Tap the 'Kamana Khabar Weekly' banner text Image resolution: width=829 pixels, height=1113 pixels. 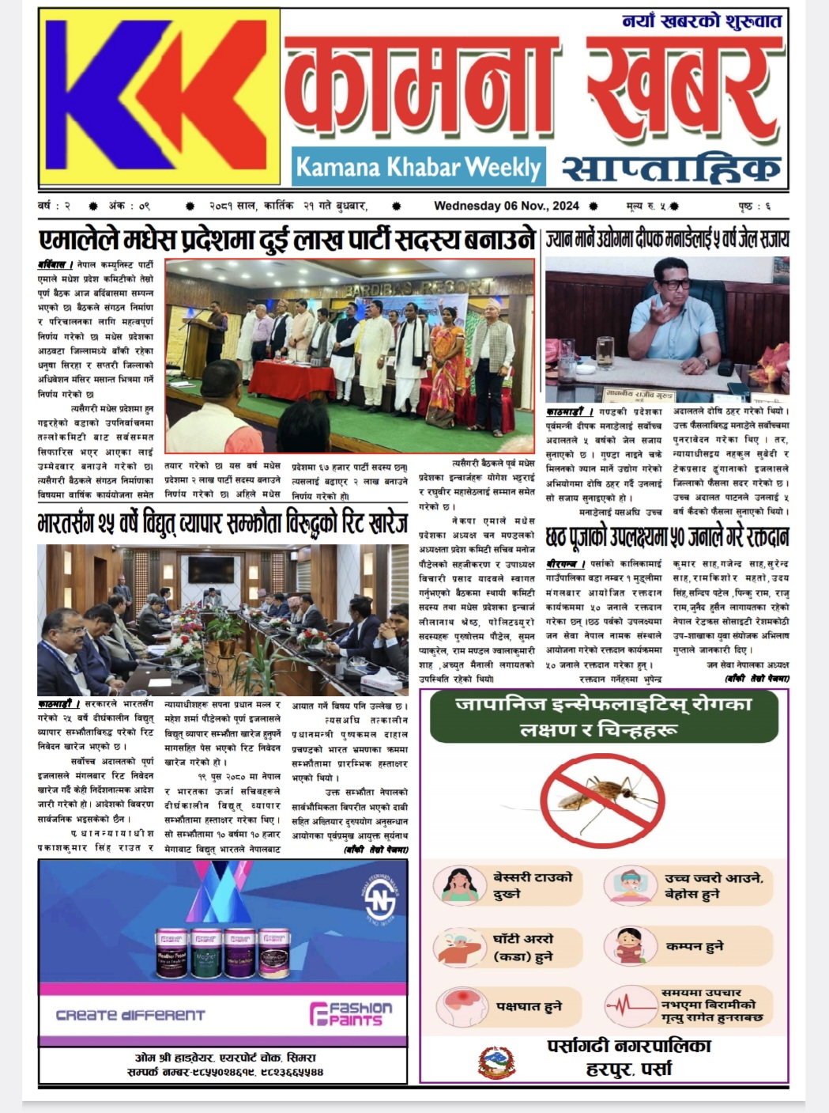click(418, 167)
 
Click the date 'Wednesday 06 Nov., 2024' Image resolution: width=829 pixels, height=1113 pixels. click(506, 206)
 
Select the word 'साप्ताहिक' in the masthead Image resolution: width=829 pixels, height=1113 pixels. click(671, 168)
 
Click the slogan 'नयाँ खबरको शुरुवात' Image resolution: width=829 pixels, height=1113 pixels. click(702, 21)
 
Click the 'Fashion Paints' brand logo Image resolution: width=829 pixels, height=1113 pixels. click(351, 1014)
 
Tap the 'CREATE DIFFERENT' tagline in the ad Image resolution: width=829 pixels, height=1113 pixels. click(130, 1015)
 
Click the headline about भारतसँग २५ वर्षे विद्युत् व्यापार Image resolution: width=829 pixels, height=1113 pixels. click(222, 524)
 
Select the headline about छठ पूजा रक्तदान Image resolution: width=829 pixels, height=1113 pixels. click(667, 538)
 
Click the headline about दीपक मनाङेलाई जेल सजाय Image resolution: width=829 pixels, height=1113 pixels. click(667, 240)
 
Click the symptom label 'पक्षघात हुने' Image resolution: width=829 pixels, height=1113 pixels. click(529, 1006)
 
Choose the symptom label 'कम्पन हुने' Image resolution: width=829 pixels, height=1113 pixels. click(694, 946)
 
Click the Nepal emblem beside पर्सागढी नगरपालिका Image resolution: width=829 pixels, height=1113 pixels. click(497, 1062)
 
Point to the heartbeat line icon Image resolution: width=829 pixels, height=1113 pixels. click(631, 1006)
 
